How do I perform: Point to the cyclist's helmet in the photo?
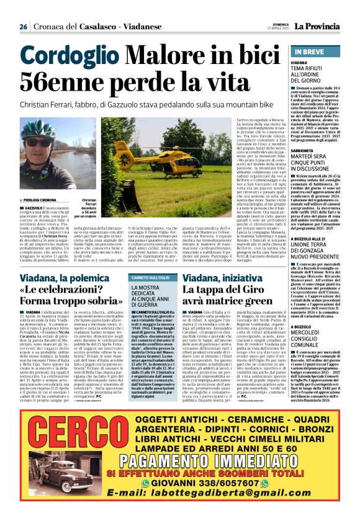[37, 127]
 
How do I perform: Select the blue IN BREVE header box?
[321, 52]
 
